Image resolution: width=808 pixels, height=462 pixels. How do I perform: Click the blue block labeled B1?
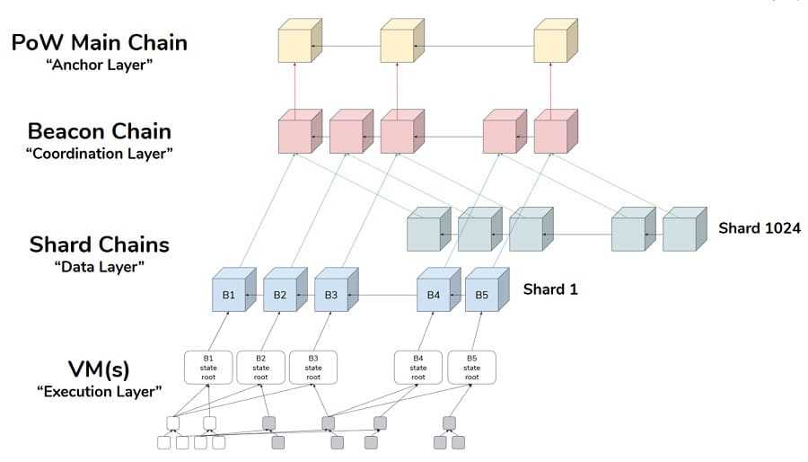229,295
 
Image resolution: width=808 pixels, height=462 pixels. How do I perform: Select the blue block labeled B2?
280,295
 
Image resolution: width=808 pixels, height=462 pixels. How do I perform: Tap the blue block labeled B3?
331,295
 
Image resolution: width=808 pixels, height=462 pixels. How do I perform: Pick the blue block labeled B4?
434,295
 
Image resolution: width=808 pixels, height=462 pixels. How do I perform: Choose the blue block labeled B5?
481,295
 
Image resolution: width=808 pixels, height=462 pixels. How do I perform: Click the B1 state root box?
209,367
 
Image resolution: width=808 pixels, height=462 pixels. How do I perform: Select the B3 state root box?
313,367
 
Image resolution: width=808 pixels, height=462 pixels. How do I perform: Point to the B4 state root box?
419,367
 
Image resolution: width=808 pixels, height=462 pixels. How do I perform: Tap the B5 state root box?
471,367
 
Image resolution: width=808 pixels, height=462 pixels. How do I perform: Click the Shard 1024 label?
759,228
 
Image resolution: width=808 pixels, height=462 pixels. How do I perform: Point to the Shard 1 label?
550,289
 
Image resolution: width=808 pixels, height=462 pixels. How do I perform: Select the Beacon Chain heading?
99,131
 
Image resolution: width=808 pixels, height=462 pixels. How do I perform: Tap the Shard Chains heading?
99,244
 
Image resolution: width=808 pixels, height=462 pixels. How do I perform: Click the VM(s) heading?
99,369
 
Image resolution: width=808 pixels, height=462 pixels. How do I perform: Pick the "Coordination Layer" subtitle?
99,154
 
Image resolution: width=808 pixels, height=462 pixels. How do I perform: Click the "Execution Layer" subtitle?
99,391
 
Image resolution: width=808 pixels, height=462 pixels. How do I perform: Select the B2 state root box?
260,367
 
